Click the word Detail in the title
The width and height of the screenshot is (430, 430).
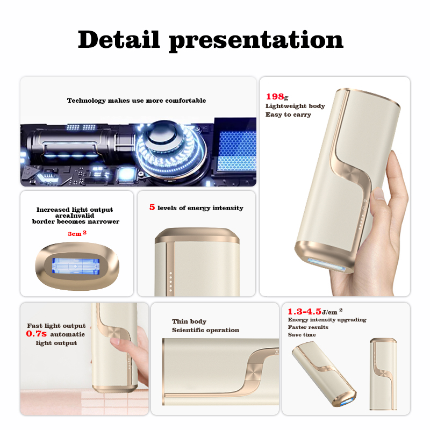119,40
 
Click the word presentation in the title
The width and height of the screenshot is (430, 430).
256,41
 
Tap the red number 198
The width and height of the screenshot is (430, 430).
275,97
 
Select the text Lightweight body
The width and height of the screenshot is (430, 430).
295,106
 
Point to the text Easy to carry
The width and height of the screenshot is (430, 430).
288,114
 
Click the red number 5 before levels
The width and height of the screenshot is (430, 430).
152,207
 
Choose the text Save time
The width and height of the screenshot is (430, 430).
302,335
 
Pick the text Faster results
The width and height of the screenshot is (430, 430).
307,327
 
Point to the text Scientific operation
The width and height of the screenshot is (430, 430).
205,330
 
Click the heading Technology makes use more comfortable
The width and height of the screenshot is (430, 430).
136,101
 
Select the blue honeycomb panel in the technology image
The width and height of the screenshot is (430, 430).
238,152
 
